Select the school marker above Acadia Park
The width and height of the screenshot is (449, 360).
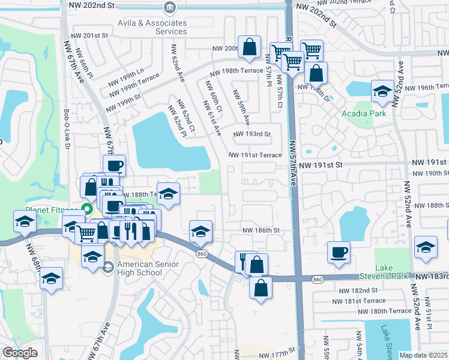click(x=382, y=92)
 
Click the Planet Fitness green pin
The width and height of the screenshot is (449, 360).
click(x=86, y=210)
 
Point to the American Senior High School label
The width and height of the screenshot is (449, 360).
click(x=139, y=268)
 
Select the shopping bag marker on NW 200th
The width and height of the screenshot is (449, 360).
click(x=249, y=47)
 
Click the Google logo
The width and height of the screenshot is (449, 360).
click(x=19, y=353)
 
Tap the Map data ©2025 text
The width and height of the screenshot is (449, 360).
click(x=424, y=355)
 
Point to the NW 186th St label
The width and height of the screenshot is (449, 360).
click(x=261, y=230)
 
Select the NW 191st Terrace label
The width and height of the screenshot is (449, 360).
click(x=255, y=155)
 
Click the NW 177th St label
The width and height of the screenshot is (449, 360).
click(x=277, y=355)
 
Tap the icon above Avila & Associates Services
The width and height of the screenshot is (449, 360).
click(x=169, y=8)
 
